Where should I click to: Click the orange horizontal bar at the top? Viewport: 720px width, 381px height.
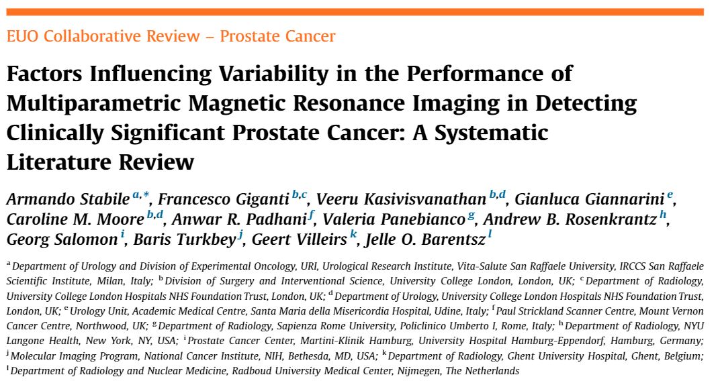(355, 11)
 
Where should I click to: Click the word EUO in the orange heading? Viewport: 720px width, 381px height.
(21, 36)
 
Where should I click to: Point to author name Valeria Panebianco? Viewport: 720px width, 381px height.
(399, 219)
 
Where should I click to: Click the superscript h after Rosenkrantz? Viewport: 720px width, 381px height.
(663, 215)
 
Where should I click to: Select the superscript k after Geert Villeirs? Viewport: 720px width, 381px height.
(353, 235)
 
